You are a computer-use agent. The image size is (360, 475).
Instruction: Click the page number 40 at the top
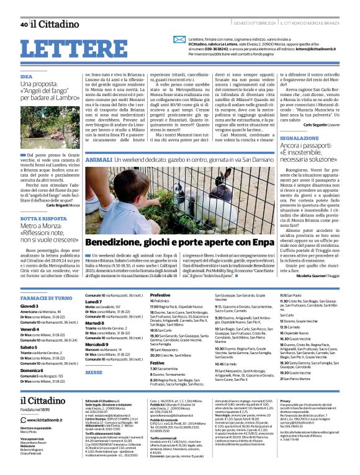[24, 24]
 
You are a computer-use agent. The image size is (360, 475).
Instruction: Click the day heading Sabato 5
[30, 348]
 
